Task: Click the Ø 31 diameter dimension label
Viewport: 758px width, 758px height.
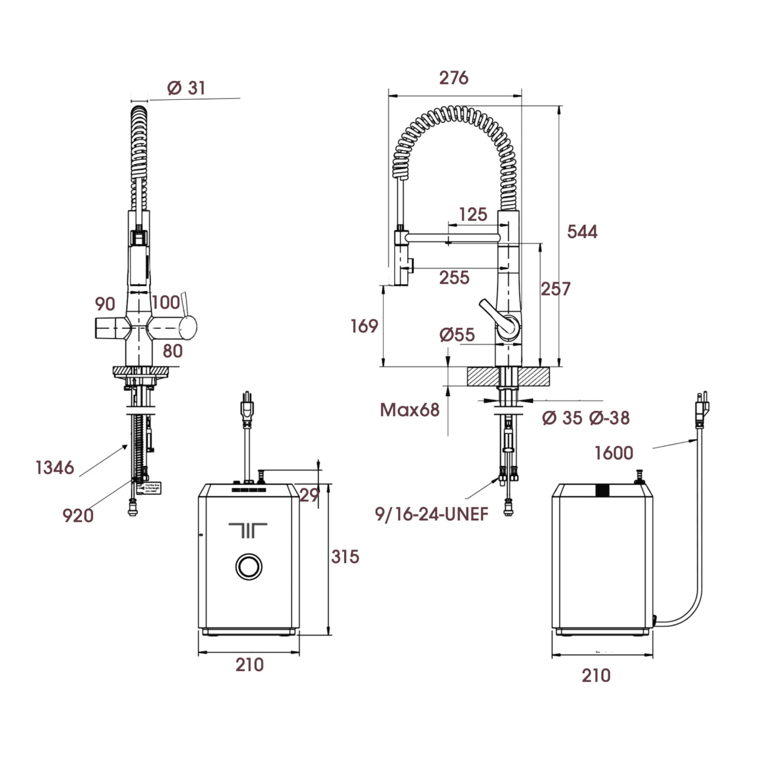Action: click(x=186, y=88)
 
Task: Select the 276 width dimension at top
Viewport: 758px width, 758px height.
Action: click(x=453, y=77)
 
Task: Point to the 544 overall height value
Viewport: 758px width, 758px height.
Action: click(x=582, y=232)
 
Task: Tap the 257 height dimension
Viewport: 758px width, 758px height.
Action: click(x=556, y=288)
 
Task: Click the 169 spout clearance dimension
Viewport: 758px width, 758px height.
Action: click(x=364, y=326)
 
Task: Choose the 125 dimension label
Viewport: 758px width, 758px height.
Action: click(x=472, y=214)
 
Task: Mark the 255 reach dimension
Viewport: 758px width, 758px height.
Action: click(x=454, y=277)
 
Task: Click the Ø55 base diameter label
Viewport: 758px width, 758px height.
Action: click(x=457, y=335)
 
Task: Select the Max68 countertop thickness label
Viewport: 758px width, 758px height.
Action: click(x=410, y=410)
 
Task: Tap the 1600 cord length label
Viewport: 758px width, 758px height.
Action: click(x=613, y=453)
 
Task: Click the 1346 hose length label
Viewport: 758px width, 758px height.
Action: click(x=55, y=467)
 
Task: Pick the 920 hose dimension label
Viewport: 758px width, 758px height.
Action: click(x=78, y=515)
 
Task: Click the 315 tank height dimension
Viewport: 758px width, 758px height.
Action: click(x=345, y=556)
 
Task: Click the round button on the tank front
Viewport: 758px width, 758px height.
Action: click(x=249, y=566)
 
